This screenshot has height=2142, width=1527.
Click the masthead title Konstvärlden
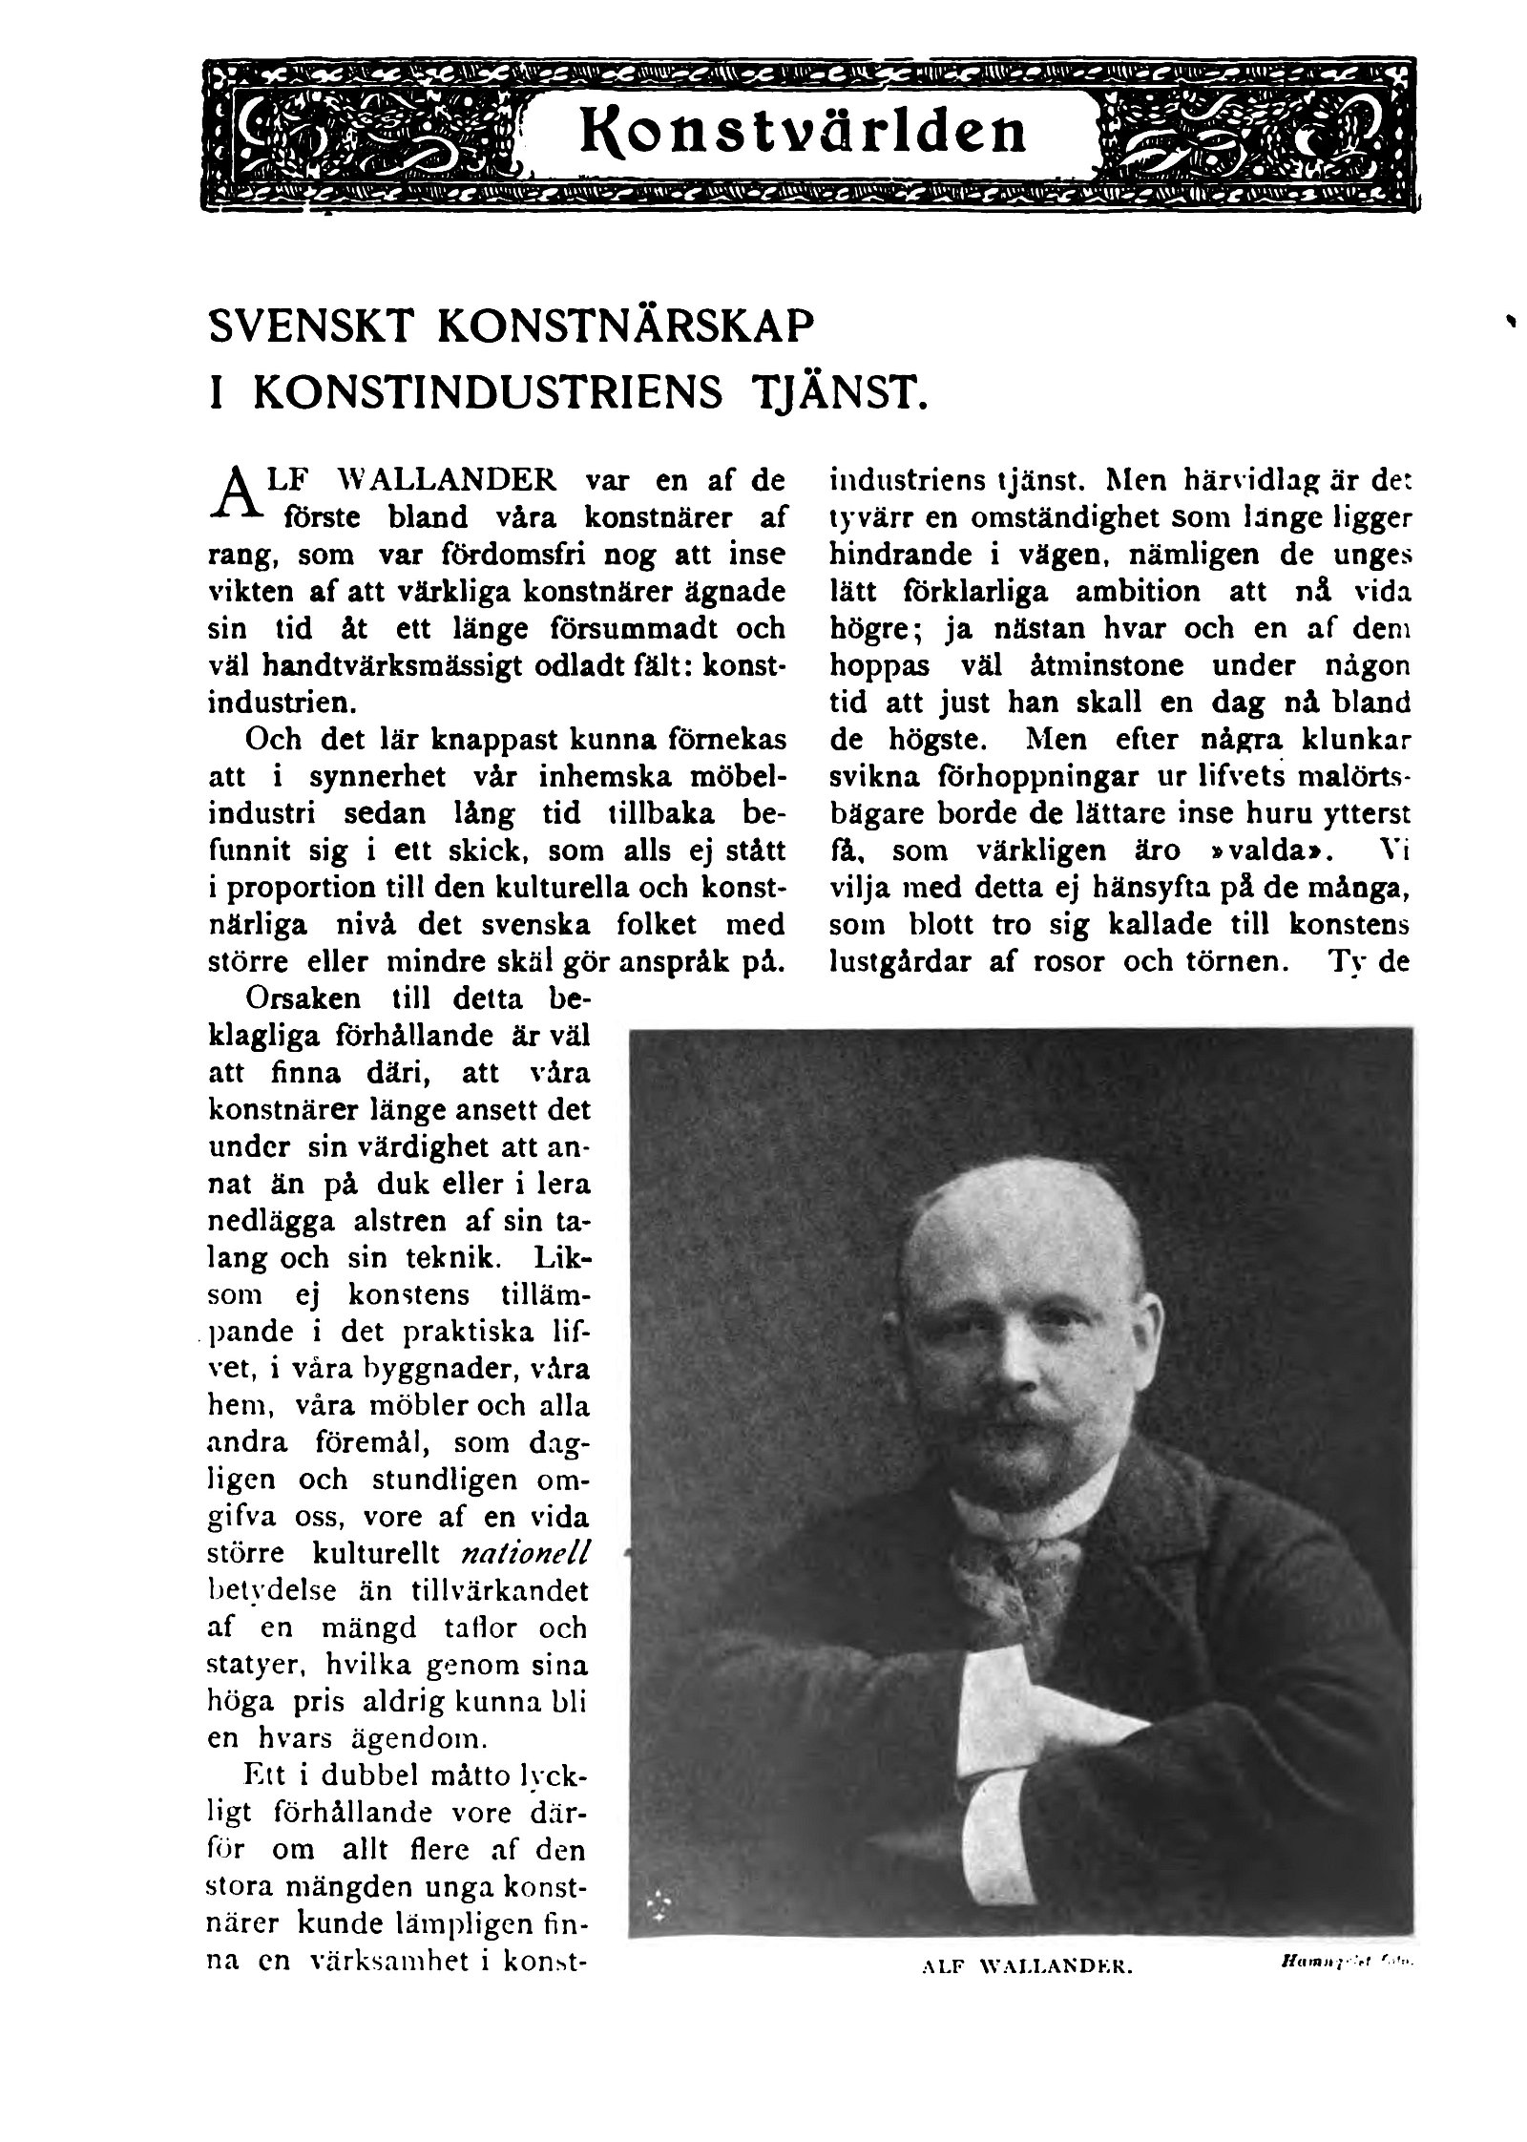pyautogui.click(x=805, y=134)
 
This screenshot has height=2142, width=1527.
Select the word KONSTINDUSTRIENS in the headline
pyautogui.click(x=489, y=393)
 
